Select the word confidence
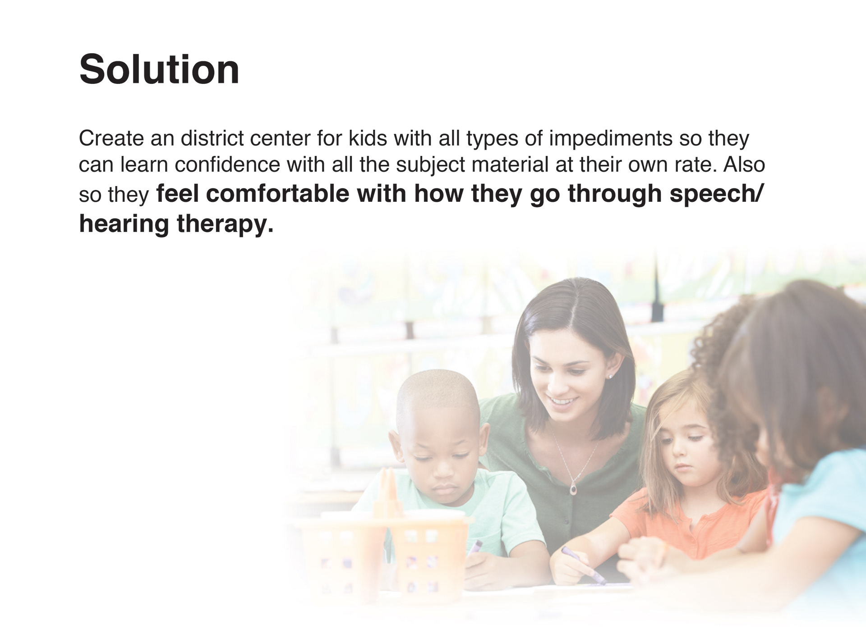(227, 164)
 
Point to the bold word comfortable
(277, 194)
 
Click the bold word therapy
(225, 224)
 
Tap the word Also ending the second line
(744, 164)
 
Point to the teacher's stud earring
(610, 376)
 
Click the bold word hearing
(124, 224)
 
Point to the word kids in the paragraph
(368, 138)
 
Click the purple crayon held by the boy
(474, 548)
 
